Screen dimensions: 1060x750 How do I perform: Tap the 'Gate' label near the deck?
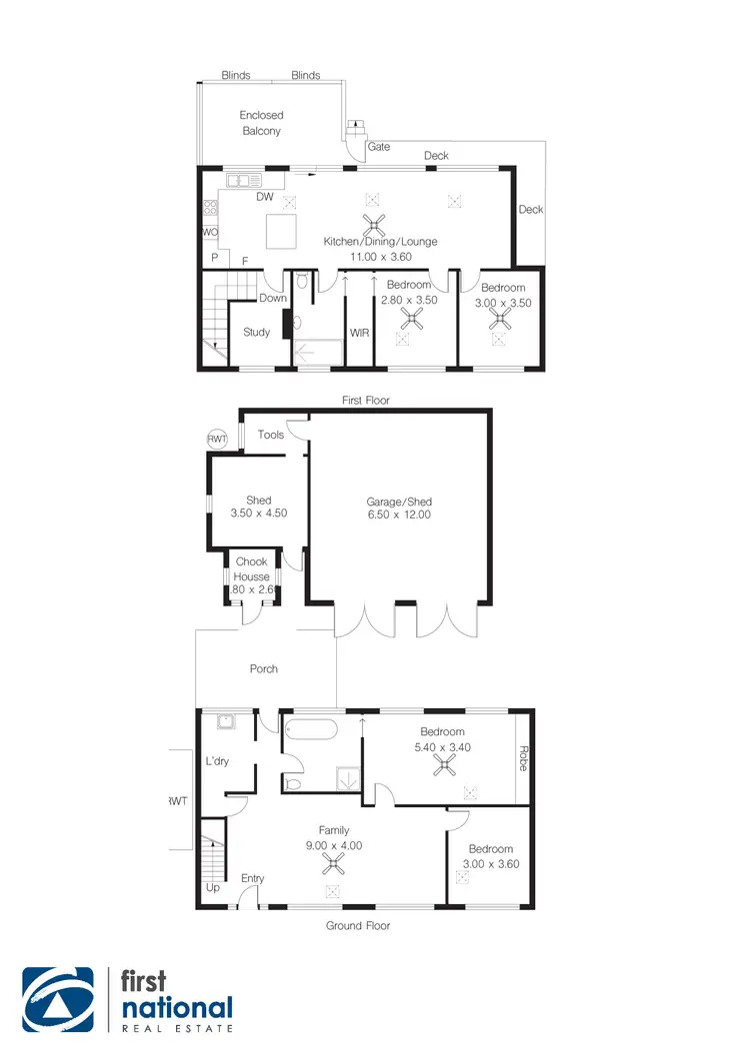pos(379,146)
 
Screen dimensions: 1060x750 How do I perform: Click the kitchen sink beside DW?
pos(243,181)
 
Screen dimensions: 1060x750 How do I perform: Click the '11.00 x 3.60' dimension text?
pos(379,257)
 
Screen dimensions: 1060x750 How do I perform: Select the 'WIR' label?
pos(359,333)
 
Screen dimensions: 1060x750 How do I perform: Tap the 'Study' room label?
pos(256,333)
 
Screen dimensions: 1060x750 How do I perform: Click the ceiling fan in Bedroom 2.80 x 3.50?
pos(411,318)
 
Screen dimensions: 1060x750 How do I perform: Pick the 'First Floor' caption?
pos(367,401)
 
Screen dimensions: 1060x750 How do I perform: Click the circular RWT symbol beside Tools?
pos(217,440)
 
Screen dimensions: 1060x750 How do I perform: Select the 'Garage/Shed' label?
pos(400,503)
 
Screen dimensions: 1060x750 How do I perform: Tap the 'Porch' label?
pos(264,669)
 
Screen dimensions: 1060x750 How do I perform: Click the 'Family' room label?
pos(334,830)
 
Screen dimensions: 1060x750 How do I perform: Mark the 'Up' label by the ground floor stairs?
pos(212,887)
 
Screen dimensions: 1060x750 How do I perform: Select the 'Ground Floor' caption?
pos(358,926)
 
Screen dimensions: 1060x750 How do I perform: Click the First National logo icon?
pos(59,1000)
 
